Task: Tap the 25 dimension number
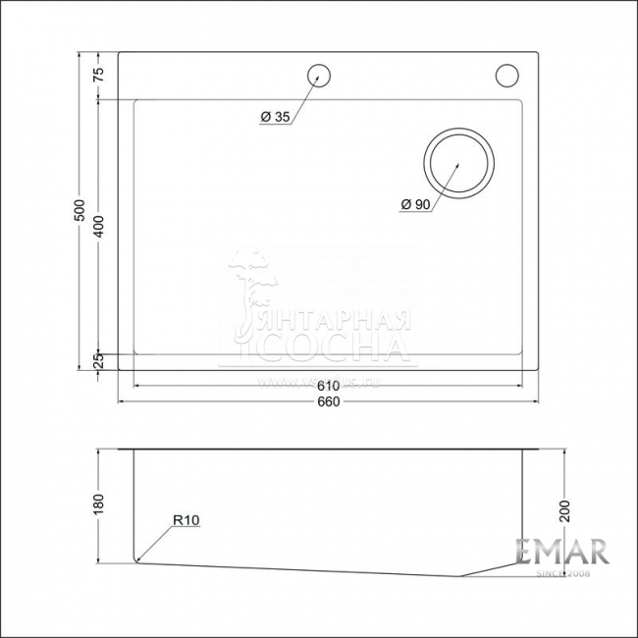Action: click(x=98, y=361)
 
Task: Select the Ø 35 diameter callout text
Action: click(x=275, y=118)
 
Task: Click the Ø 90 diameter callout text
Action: click(x=415, y=204)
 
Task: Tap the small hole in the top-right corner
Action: click(x=506, y=75)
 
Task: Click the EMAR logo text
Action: click(x=562, y=552)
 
